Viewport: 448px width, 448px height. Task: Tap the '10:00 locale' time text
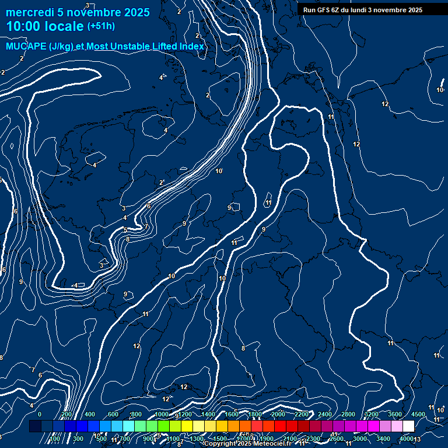pyautogui.click(x=45, y=26)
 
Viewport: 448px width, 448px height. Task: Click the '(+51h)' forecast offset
pyautogui.click(x=101, y=26)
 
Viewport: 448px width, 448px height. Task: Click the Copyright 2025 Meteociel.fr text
pyautogui.click(x=248, y=444)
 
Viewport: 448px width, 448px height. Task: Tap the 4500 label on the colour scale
pyautogui.click(x=418, y=414)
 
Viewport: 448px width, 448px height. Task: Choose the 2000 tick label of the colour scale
pyautogui.click(x=278, y=414)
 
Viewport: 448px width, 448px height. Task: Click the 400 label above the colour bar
pyautogui.click(x=90, y=414)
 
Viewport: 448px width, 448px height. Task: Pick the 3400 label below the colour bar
pyautogui.click(x=383, y=439)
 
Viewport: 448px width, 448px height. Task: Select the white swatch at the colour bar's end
pyautogui.click(x=408, y=426)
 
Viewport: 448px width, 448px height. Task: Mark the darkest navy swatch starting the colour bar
pyautogui.click(x=35, y=426)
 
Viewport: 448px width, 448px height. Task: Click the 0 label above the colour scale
pyautogui.click(x=40, y=414)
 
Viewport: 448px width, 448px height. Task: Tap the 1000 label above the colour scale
pyautogui.click(x=162, y=414)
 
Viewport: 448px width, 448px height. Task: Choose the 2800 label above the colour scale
pyautogui.click(x=348, y=414)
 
